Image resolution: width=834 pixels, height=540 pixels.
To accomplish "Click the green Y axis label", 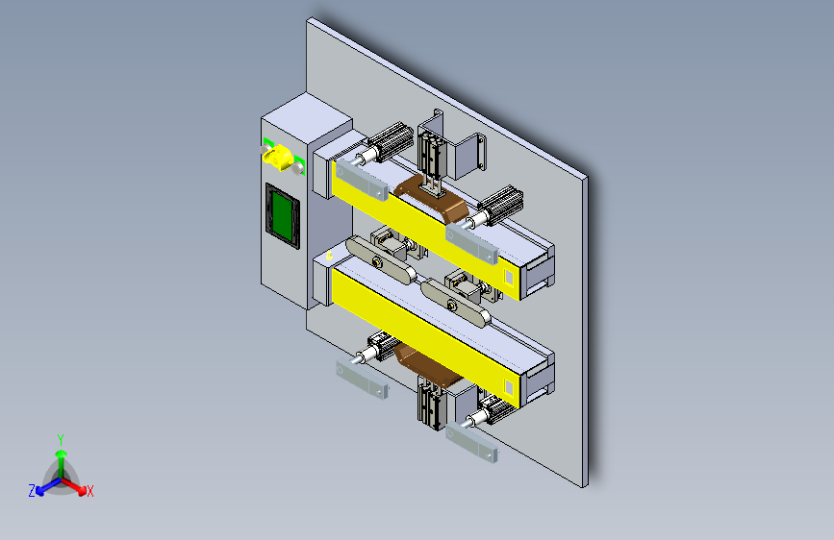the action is coord(61,439).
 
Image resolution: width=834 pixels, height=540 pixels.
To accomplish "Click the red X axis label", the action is coord(90,491).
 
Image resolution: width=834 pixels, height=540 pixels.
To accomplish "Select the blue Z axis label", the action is coord(32,491).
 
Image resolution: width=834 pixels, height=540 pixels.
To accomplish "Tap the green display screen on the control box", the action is coord(282,215).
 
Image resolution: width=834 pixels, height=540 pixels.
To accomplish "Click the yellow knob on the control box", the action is coord(277,158).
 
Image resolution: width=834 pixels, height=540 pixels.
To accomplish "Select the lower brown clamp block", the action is coord(425,364).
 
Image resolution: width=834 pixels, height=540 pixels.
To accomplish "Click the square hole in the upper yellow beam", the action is coord(509,277).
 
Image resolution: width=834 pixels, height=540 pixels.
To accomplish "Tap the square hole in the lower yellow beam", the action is coord(509,388).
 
